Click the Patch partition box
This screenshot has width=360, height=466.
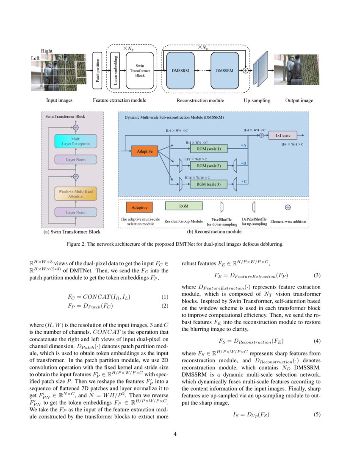tap(98, 70)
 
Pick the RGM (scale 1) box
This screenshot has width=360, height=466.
tap(209, 149)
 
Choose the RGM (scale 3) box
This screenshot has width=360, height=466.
tap(209, 183)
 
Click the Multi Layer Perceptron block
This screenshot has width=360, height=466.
tap(76, 141)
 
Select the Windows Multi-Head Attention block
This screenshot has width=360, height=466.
tap(76, 194)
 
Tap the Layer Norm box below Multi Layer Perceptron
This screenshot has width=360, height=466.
tap(76, 160)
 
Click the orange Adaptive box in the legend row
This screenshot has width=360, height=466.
tap(139, 208)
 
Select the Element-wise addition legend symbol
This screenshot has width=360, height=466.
tap(288, 208)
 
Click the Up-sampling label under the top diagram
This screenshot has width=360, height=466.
tap(257, 100)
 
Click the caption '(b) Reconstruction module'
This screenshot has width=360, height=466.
tap(214, 232)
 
